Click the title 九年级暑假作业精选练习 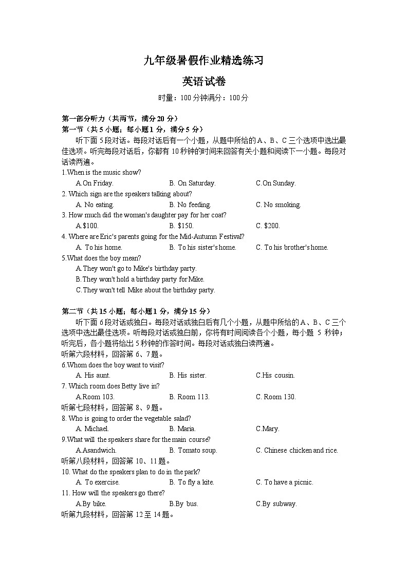click(x=203, y=61)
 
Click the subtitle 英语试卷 click(x=203, y=82)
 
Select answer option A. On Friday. click(x=95, y=183)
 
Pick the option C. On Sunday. click(x=276, y=183)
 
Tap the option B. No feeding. click(x=190, y=205)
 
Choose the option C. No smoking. click(x=278, y=205)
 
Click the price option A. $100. click(x=87, y=226)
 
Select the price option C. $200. click(x=268, y=226)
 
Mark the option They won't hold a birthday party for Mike click(x=140, y=280)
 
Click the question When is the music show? click(x=101, y=173)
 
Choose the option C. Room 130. click(x=276, y=397)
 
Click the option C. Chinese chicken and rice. click(x=297, y=451)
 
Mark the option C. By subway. click(x=276, y=504)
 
